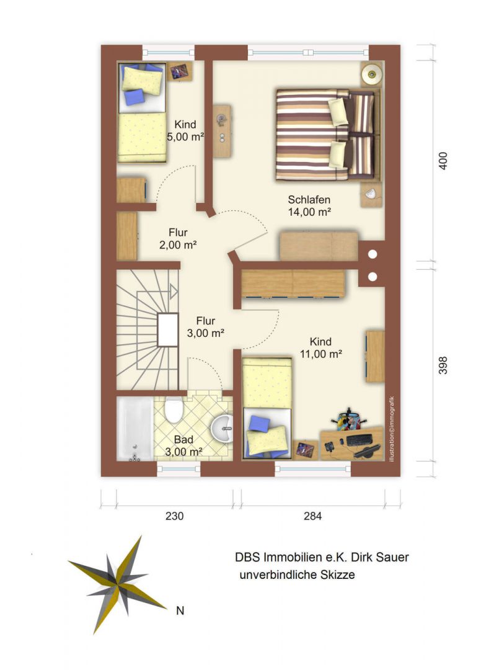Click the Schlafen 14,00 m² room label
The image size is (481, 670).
[x=309, y=205]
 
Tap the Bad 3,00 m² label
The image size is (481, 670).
[x=183, y=445]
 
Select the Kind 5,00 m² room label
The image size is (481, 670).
[x=185, y=131]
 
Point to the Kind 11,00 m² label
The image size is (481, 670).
[x=320, y=348]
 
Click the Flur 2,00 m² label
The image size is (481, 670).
[x=177, y=239]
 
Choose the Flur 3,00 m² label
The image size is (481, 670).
[x=205, y=327]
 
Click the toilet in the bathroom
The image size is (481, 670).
[x=174, y=409]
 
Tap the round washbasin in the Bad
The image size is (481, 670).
[x=222, y=428]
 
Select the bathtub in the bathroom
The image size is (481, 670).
[x=135, y=429]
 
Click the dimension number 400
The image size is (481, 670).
[x=443, y=161]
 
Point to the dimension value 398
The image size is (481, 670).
[x=443, y=365]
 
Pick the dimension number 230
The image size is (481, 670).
[x=175, y=516]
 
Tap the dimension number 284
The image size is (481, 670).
[x=312, y=516]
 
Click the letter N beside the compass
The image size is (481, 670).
[x=180, y=610]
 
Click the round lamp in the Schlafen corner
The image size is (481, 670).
[x=371, y=74]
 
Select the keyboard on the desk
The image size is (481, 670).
[x=358, y=440]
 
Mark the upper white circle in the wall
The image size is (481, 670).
[x=372, y=255]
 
